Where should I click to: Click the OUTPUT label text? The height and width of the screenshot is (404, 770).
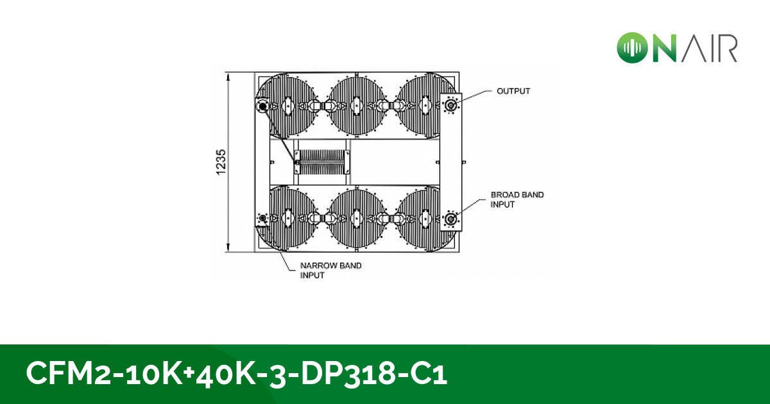click(x=513, y=91)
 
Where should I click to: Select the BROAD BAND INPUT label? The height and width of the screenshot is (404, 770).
click(x=517, y=199)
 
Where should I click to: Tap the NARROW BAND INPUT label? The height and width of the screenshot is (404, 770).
click(x=330, y=271)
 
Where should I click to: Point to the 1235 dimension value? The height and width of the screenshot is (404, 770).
click(x=221, y=162)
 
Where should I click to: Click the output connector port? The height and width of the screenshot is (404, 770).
click(x=450, y=105)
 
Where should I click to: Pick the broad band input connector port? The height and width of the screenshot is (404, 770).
click(x=450, y=219)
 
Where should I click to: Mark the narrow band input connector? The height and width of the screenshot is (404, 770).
click(x=263, y=218)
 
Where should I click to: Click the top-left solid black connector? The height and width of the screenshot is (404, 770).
click(x=263, y=106)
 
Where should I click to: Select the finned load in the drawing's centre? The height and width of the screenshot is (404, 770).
click(x=322, y=162)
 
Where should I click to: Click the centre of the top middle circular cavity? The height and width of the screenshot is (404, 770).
click(x=357, y=105)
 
